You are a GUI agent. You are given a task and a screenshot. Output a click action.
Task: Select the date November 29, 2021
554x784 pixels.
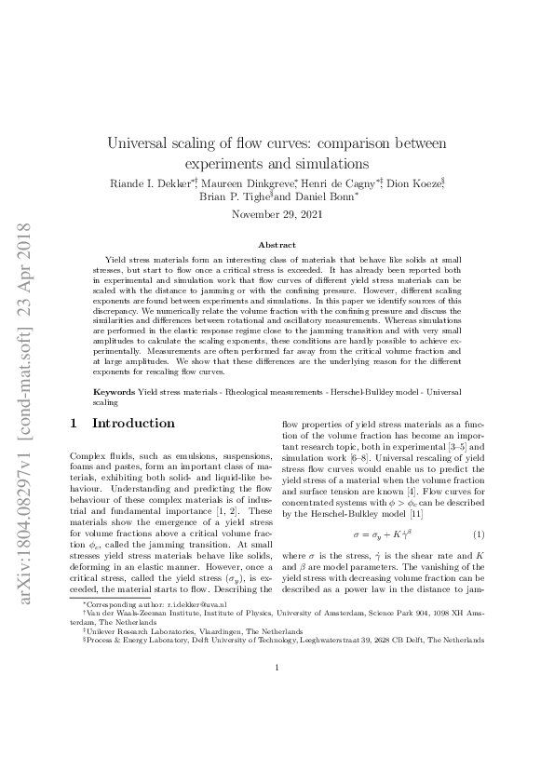[276, 215]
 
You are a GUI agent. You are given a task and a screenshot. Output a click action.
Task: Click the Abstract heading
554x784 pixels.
[276, 244]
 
